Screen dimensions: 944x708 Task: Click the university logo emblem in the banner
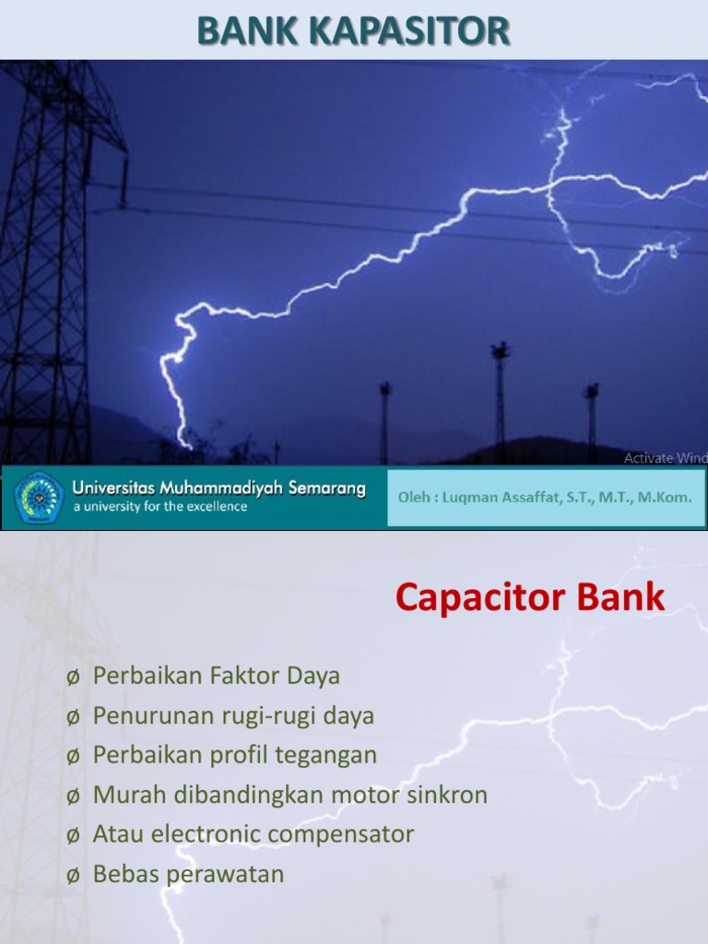pos(38,498)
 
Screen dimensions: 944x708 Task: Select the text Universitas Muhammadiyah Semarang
pos(219,488)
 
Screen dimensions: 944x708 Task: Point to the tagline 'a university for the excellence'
pos(160,507)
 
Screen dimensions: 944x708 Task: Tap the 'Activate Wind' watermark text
pos(665,458)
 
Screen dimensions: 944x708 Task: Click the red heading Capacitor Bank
pos(529,598)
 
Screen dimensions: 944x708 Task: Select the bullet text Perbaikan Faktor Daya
pos(217,676)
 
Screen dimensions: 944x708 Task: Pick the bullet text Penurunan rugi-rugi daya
pos(233,715)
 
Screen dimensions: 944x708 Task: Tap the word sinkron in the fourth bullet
pos(449,795)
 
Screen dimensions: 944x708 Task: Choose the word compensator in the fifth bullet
pos(348,834)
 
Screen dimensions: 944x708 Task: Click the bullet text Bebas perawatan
pos(188,874)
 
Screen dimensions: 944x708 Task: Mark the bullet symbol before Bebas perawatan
pos(73,875)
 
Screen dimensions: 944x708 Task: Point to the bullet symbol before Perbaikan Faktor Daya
pos(73,677)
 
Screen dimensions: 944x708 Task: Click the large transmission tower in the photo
pos(46,258)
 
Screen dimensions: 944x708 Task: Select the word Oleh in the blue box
pos(413,497)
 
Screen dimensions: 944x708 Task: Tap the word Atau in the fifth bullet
pos(116,834)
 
